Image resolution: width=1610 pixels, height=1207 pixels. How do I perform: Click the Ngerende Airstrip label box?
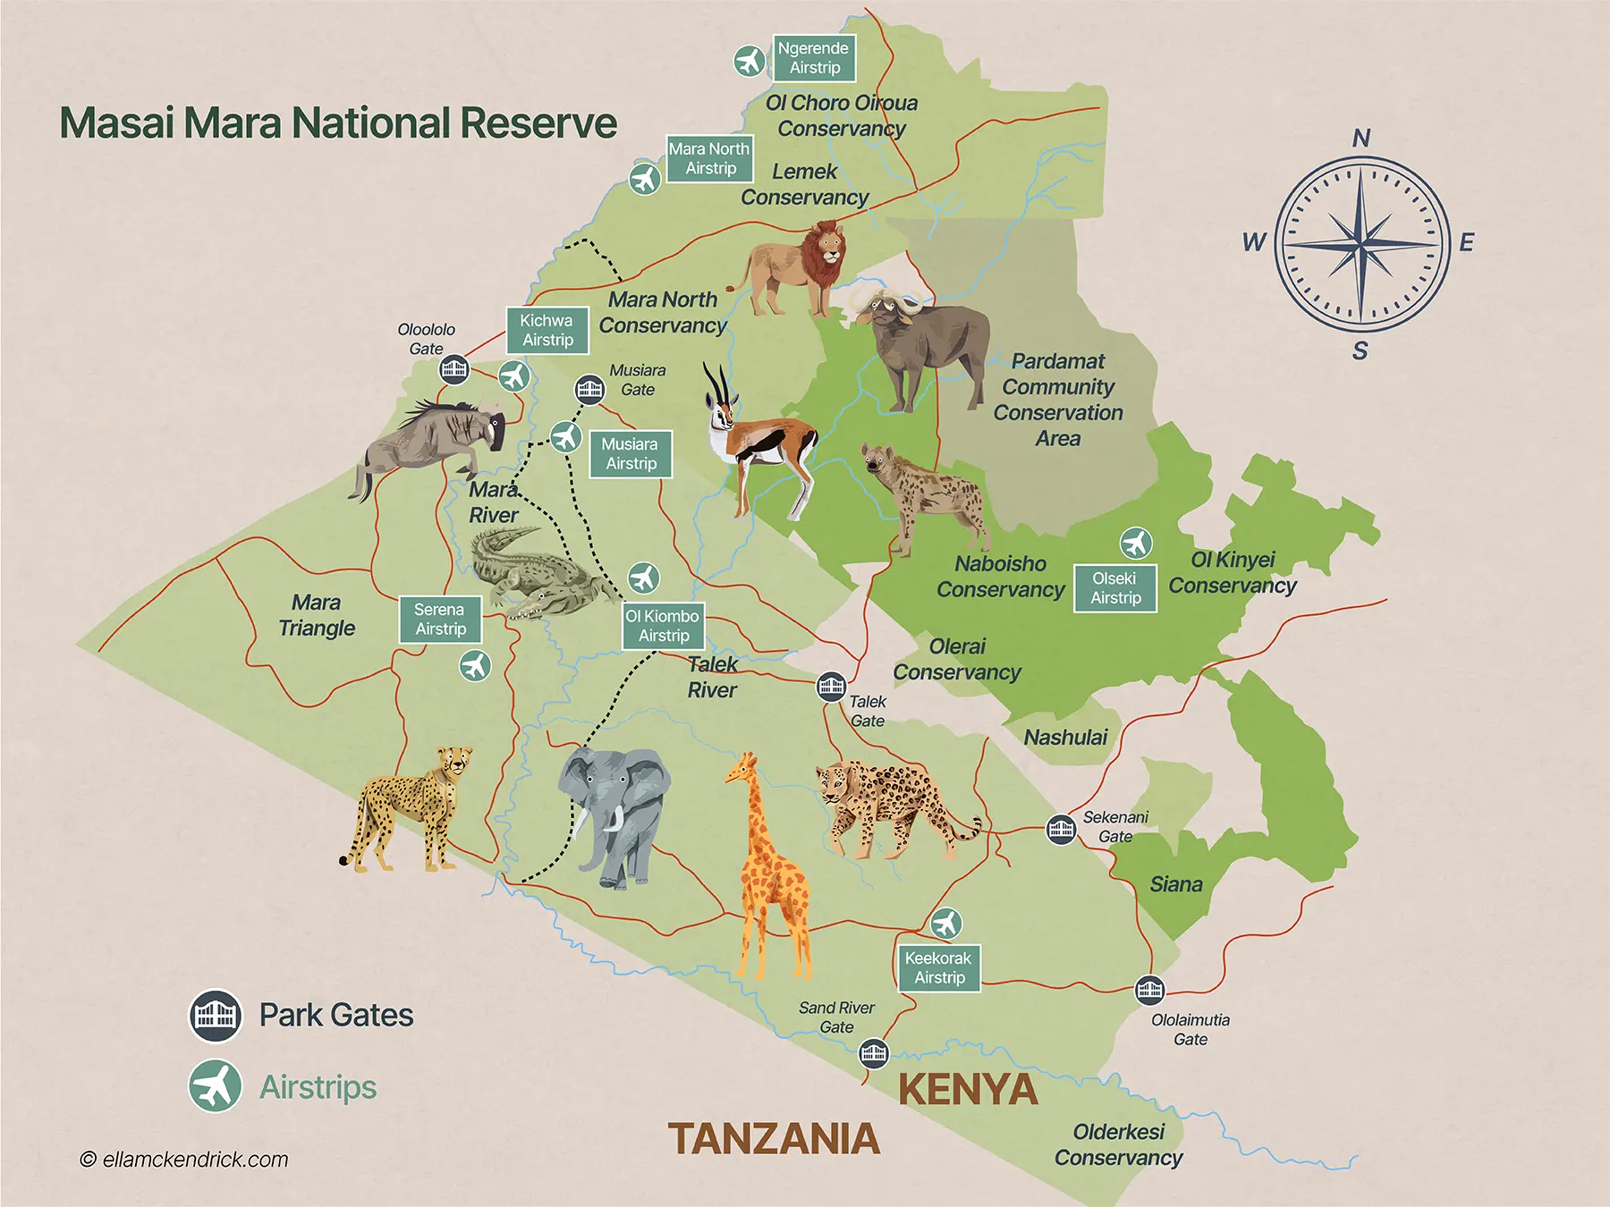[814, 58]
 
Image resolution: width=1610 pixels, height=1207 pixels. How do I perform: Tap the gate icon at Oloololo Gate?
[453, 367]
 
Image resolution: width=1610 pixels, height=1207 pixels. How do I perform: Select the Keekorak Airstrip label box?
[938, 967]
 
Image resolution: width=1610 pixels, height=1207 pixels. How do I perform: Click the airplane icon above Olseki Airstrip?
[1135, 543]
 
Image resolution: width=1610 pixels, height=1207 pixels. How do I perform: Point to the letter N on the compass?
[1360, 139]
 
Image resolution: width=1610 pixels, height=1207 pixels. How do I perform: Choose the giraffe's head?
[743, 766]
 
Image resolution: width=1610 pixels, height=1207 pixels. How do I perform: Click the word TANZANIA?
[774, 1139]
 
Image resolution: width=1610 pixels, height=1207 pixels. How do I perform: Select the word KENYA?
[968, 1090]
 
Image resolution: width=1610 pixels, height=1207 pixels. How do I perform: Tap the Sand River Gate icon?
[873, 1053]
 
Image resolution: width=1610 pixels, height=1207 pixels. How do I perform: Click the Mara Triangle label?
[317, 615]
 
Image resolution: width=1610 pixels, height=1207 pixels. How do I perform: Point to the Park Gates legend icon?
[216, 1016]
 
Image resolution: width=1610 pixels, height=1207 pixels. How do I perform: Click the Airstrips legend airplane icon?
[216, 1087]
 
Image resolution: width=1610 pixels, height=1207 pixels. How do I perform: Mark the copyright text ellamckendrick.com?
[185, 1160]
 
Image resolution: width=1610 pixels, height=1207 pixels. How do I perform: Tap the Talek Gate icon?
[831, 686]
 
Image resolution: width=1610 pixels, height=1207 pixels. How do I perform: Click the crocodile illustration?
[537, 572]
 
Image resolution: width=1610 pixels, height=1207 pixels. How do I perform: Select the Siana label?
[1175, 884]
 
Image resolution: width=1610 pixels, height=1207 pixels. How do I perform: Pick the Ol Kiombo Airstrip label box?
[663, 625]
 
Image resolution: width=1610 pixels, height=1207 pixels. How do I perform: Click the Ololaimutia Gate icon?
[1149, 990]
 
